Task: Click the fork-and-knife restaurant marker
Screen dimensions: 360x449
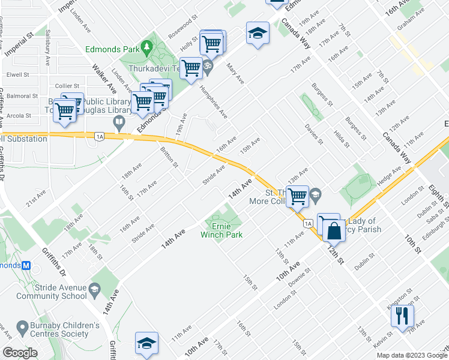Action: point(402,315)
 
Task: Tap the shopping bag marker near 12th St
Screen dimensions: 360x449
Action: point(334,230)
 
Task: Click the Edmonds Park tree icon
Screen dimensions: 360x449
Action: point(146,46)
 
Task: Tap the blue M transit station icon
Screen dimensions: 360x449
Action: point(25,265)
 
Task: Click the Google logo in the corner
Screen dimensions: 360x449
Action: point(20,353)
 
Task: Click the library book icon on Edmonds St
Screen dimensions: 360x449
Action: point(119,124)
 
